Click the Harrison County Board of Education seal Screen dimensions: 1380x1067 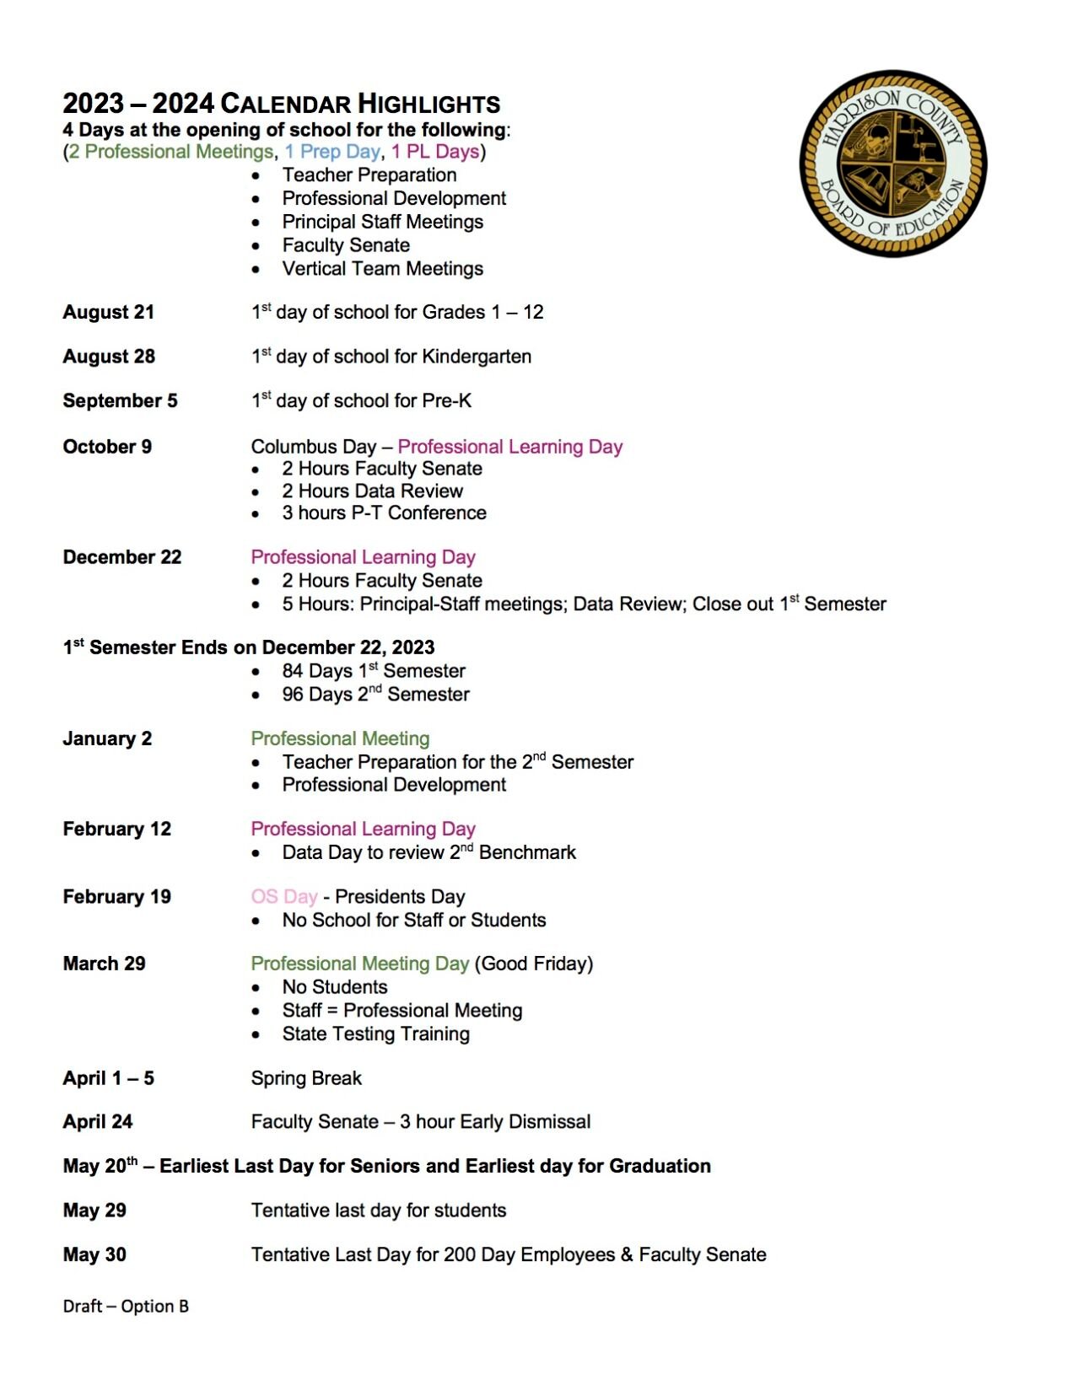[x=892, y=163]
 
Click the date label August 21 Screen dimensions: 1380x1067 [x=108, y=312]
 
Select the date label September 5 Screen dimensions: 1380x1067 [x=120, y=400]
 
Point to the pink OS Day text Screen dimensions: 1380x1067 [x=283, y=896]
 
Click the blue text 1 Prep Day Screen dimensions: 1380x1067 [x=331, y=152]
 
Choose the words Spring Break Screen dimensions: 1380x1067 [x=305, y=1078]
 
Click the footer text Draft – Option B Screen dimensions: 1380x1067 [x=126, y=1306]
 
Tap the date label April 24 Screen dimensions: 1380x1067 [x=97, y=1122]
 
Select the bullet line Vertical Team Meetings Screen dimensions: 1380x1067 [x=382, y=269]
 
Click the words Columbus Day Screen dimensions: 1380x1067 [x=313, y=447]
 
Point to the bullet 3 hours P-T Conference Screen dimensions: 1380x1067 [x=384, y=513]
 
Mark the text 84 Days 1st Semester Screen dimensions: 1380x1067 [x=373, y=671]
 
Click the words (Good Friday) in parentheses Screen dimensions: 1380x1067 [x=534, y=964]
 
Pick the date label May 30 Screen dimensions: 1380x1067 [x=94, y=1254]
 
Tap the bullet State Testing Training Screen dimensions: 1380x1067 [x=375, y=1034]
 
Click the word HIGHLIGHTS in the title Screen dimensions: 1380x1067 [x=428, y=105]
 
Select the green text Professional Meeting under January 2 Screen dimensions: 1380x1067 [x=340, y=738]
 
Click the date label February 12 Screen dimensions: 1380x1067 [x=116, y=829]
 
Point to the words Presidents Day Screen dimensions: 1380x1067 [x=400, y=896]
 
